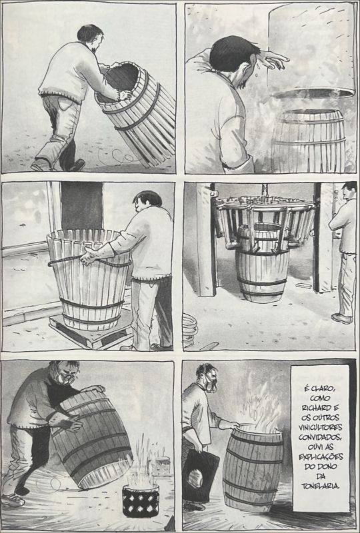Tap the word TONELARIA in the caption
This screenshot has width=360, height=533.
point(320,486)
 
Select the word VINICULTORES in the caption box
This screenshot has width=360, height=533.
point(320,427)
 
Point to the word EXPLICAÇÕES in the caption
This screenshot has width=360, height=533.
point(321,456)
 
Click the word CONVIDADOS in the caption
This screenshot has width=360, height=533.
point(320,437)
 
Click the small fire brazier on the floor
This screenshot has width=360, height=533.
point(141,501)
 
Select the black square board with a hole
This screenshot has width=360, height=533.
point(200,476)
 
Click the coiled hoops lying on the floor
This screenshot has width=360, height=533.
point(190,330)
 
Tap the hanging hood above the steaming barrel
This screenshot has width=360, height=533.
point(312,51)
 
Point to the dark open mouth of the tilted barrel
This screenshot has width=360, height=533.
point(121,81)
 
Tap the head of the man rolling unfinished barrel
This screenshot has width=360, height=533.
point(90,37)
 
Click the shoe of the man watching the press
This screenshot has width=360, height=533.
point(341,318)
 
